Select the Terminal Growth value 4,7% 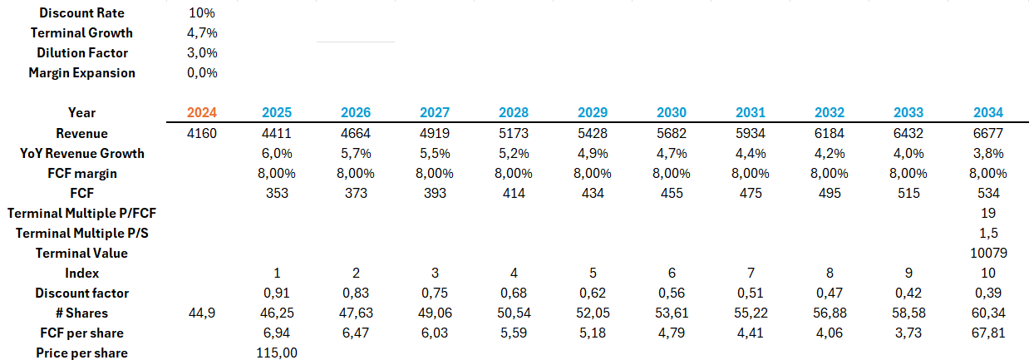(203, 33)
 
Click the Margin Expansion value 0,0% (203, 73)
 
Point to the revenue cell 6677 (988, 133)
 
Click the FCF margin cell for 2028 (514, 173)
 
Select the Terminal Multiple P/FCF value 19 (988, 213)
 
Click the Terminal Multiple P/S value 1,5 (988, 233)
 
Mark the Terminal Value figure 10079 (988, 253)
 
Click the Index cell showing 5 (592, 273)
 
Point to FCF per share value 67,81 (988, 333)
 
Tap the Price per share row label (81, 353)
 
